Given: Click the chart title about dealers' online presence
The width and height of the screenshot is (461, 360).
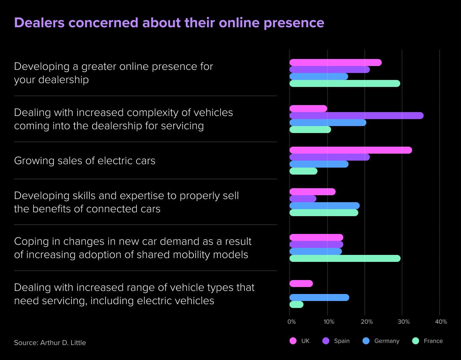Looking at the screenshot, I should [x=169, y=23].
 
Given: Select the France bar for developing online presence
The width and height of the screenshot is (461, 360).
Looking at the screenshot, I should [x=345, y=83].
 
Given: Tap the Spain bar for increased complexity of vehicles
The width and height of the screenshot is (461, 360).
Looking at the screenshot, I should [x=356, y=116].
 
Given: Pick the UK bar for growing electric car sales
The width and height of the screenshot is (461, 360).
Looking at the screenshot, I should [x=351, y=150].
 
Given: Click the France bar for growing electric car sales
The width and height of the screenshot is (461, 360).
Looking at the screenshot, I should [x=303, y=171].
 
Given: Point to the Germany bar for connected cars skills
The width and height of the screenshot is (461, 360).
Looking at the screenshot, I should [x=324, y=206].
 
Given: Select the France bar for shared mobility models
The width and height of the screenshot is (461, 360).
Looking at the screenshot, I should [x=345, y=258].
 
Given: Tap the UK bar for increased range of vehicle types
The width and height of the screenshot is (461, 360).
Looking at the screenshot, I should [x=301, y=284].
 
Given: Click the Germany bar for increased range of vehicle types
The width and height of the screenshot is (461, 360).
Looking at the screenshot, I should [x=319, y=297].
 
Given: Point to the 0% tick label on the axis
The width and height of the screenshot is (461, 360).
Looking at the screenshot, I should [x=292, y=322].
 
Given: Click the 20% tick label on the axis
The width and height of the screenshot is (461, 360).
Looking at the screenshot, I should [x=366, y=322].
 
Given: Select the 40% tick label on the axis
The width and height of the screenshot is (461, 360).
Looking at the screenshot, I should [x=441, y=322].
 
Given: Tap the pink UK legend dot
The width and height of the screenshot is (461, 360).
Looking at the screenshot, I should [x=293, y=341].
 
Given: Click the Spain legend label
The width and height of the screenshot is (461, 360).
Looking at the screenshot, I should [x=342, y=341].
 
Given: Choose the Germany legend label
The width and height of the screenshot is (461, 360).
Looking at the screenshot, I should [x=387, y=341].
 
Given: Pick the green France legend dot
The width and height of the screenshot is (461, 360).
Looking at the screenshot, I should [x=416, y=341].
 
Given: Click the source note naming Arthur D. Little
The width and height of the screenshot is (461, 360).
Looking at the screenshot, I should [x=50, y=343].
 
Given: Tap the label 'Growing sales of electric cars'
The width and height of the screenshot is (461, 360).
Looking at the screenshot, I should [x=85, y=161].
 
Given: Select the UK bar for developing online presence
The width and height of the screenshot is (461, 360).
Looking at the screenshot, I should [x=335, y=63].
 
